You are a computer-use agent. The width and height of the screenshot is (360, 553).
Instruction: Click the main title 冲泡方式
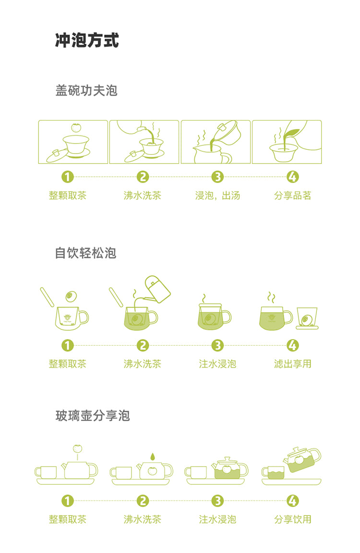87,41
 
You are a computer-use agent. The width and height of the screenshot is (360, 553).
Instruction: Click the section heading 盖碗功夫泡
86,90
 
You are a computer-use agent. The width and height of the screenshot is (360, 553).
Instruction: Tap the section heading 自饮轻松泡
86,253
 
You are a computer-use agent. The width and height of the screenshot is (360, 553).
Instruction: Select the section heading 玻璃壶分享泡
93,415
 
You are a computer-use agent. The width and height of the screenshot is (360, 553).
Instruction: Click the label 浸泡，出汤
217,195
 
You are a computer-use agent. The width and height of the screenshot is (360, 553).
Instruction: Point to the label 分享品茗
292,195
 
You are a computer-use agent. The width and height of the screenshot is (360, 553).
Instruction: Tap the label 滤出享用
292,363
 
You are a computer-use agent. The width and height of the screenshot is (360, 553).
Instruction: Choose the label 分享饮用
292,519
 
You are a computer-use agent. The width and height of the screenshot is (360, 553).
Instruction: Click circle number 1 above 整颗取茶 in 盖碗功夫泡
68,177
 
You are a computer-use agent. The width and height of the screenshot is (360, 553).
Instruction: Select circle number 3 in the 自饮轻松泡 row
217,345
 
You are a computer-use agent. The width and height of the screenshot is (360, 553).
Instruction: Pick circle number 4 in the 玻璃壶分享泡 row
292,501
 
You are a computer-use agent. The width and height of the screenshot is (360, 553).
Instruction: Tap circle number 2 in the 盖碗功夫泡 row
143,177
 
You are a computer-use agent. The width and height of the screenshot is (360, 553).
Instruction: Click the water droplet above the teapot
152,456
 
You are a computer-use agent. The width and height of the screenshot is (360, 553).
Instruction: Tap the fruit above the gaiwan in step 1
75,128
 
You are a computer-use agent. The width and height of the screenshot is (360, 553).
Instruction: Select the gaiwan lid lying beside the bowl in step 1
54,155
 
